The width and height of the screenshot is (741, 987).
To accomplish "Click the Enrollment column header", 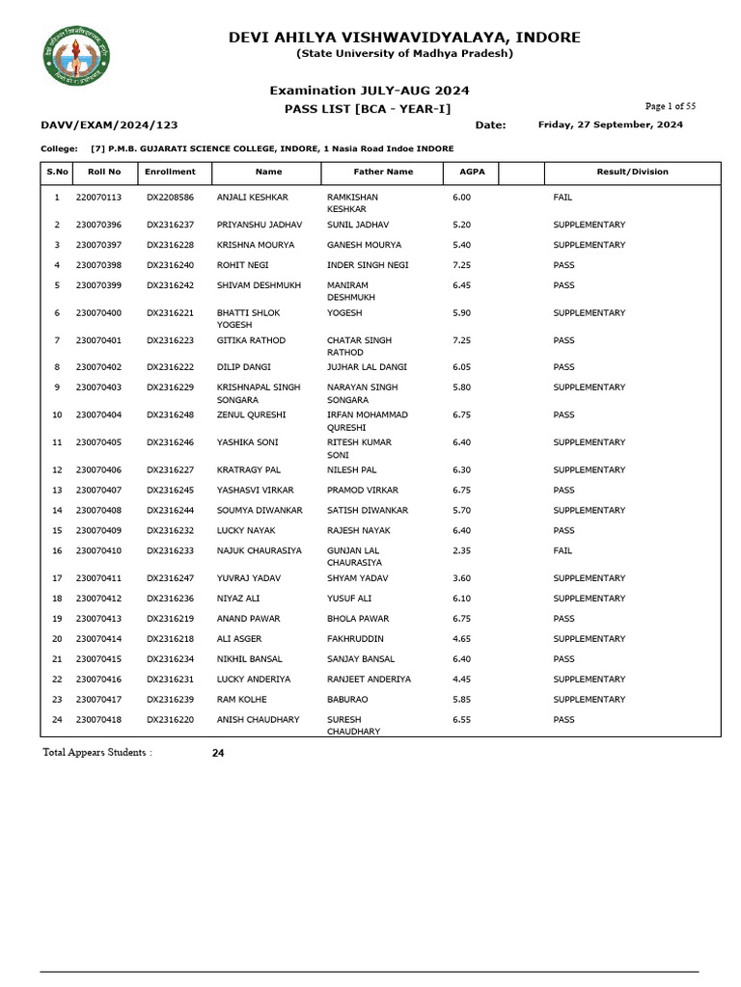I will tap(170, 172).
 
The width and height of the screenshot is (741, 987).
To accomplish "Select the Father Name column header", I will tap(383, 172).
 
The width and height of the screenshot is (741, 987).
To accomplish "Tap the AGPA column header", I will tap(472, 172).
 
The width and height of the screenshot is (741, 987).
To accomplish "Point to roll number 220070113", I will tap(98, 197).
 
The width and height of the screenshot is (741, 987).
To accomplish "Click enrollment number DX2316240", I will tap(170, 265).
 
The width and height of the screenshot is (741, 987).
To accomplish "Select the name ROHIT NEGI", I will tap(242, 265).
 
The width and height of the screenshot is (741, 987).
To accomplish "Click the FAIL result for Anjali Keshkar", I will tap(563, 197).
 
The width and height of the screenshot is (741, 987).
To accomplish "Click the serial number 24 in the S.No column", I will tap(57, 720).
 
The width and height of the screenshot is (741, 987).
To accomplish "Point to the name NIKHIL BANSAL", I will tap(249, 659).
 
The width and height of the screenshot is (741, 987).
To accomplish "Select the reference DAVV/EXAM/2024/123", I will tap(109, 125).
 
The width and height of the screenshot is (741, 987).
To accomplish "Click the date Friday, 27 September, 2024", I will tap(610, 124).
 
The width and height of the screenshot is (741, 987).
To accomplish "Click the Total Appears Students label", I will tap(97, 752).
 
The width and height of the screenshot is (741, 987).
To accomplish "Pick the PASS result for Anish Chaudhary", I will tap(563, 720).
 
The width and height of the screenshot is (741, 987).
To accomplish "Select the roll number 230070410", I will tap(98, 550).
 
